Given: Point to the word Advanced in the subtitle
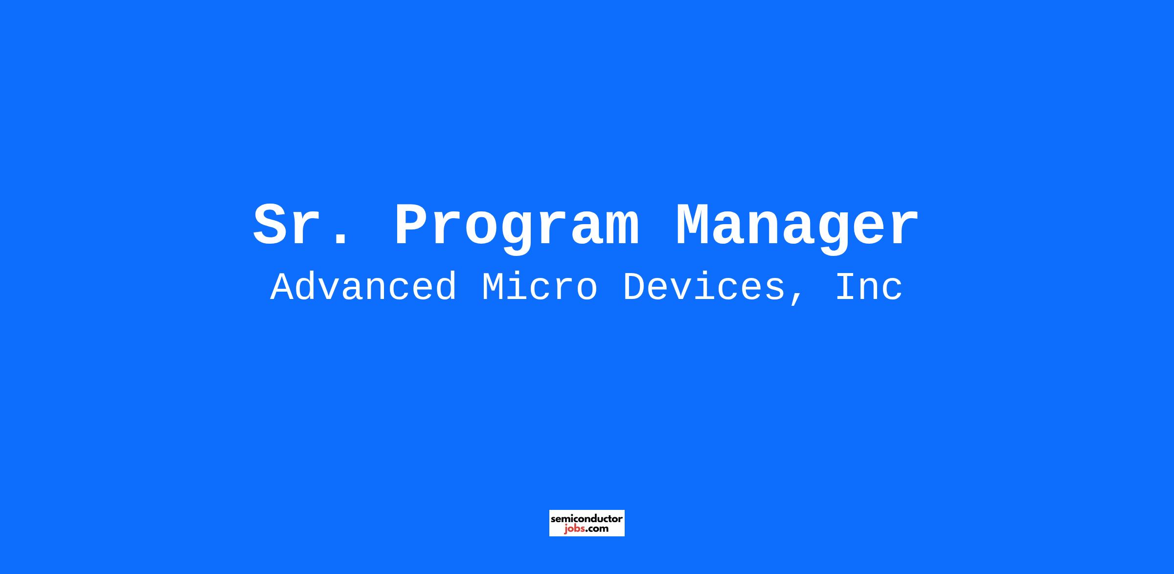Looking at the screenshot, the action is click(363, 287).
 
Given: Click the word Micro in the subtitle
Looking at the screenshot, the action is click(540, 287).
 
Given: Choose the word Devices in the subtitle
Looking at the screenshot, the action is click(704, 287).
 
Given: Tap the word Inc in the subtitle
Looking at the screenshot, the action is click(869, 287).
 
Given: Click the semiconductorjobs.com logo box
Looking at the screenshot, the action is click(587, 523).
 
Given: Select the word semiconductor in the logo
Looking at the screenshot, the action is click(587, 518).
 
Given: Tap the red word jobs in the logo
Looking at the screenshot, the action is click(575, 529).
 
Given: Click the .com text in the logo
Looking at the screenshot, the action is click(597, 529).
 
